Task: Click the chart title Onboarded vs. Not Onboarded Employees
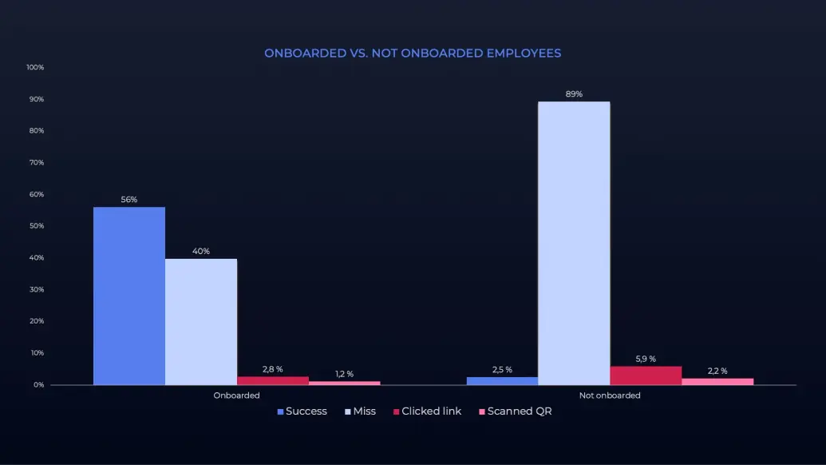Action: [x=413, y=54]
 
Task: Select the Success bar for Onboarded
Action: [x=129, y=296]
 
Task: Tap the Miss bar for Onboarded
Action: [x=201, y=321]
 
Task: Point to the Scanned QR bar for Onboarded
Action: [x=344, y=383]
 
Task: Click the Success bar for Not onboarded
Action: [x=502, y=381]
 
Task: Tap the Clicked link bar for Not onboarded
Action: [x=646, y=376]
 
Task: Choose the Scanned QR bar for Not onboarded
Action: [x=717, y=381]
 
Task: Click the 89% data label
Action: [x=574, y=94]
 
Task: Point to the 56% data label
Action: [x=129, y=200]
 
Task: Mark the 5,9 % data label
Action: [x=646, y=360]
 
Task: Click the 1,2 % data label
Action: [x=344, y=374]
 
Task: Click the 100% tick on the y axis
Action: [x=35, y=67]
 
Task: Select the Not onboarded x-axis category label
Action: [x=610, y=395]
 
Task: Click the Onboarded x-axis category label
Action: [x=236, y=395]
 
